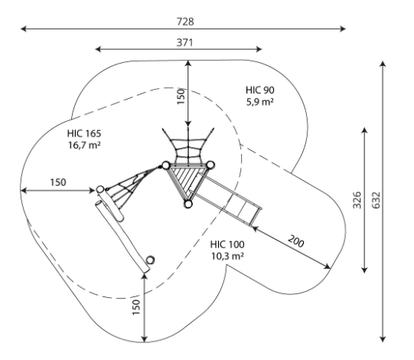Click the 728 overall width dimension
(185, 21)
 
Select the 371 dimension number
(184, 42)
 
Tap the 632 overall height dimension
(377, 200)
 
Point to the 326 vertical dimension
(357, 200)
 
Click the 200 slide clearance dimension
(295, 241)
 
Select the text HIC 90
(260, 90)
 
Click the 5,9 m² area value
(260, 102)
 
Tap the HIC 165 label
(84, 133)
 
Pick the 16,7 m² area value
(84, 145)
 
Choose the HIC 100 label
(227, 244)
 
